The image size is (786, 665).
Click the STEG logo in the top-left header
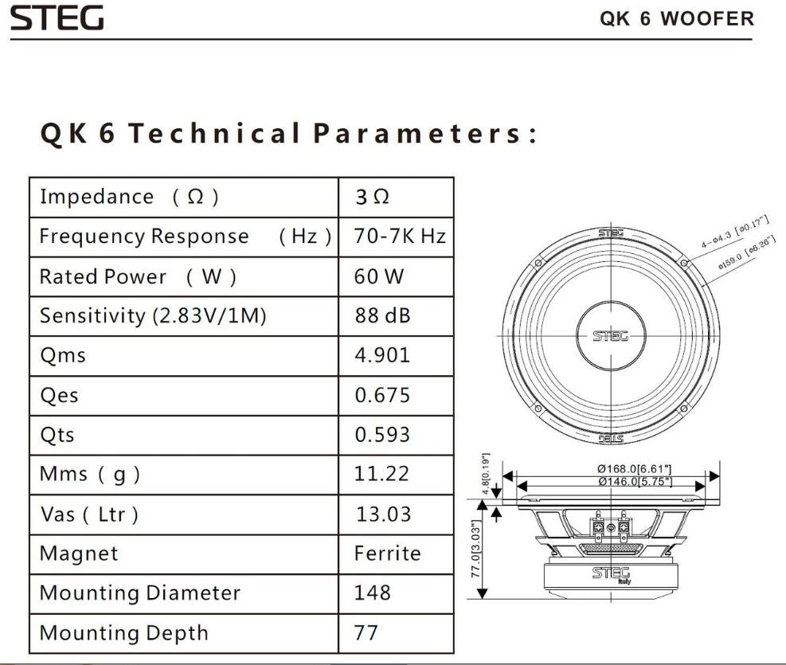[57, 18]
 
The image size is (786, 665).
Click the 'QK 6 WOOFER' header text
[676, 18]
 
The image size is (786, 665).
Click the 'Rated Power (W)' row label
[137, 277]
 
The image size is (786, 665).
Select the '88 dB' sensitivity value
[382, 316]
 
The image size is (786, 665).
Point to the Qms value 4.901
[382, 355]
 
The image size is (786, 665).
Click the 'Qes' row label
[59, 396]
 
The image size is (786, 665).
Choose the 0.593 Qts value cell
[382, 435]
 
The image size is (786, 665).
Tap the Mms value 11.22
[381, 474]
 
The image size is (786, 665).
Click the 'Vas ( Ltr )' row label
[89, 514]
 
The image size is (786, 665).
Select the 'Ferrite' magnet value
[387, 554]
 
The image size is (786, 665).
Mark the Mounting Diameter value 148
[373, 593]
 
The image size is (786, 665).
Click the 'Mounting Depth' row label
[123, 633]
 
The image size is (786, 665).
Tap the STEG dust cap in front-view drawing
[611, 335]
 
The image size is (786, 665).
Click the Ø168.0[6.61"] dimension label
[635, 469]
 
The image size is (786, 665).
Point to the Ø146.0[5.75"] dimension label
[635, 482]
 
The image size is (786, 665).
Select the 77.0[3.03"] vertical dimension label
[475, 550]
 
